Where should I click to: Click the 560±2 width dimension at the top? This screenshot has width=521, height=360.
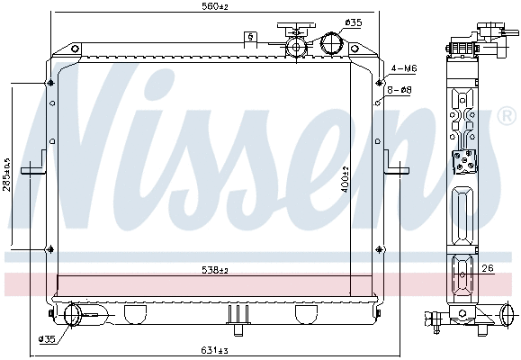[215, 6]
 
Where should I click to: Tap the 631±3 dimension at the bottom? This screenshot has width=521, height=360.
[215, 351]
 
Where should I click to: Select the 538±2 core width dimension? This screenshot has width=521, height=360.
[215, 270]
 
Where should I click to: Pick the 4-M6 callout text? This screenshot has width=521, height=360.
[404, 68]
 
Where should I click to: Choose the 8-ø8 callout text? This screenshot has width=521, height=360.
[400, 90]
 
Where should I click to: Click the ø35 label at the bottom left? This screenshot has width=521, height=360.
[45, 339]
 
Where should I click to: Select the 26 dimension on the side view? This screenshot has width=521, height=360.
[487, 267]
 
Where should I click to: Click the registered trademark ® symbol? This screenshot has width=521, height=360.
[506, 117]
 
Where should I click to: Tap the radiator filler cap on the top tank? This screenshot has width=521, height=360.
[294, 41]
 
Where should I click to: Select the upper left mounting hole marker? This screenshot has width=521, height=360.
[49, 85]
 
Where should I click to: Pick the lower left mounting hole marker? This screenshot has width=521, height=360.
[49, 248]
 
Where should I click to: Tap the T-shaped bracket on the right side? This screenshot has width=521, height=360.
[394, 166]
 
